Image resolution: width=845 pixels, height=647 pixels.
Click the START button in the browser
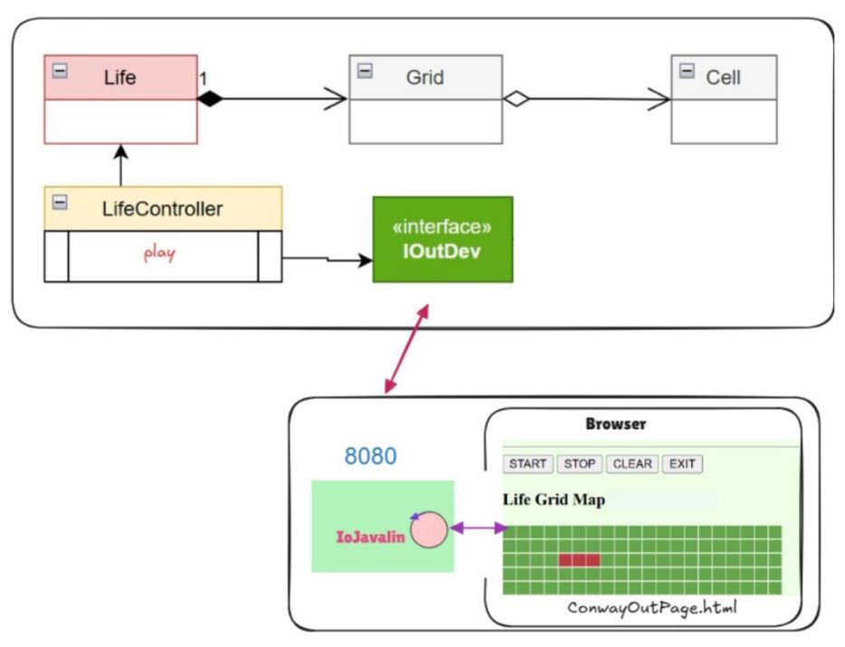pyautogui.click(x=527, y=464)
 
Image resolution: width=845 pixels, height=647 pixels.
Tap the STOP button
pyautogui.click(x=580, y=464)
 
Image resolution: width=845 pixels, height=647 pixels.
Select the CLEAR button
pyautogui.click(x=631, y=464)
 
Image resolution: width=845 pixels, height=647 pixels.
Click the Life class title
pyautogui.click(x=120, y=78)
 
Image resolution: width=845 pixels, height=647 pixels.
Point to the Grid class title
pyautogui.click(x=424, y=78)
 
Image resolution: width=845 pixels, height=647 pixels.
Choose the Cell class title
pyautogui.click(x=723, y=78)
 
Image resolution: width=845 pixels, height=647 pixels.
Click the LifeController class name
pyautogui.click(x=163, y=209)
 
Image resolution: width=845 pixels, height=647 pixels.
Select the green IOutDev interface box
pyautogui.click(x=442, y=239)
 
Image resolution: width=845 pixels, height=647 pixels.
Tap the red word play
pyautogui.click(x=159, y=254)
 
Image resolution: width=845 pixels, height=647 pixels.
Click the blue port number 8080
pyautogui.click(x=370, y=456)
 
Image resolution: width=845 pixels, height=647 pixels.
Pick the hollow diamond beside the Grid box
pyautogui.click(x=515, y=100)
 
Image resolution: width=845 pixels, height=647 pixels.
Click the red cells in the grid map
pyautogui.click(x=579, y=560)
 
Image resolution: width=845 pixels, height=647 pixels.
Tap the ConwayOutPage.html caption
pyautogui.click(x=651, y=608)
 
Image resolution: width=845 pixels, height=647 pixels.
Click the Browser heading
pyautogui.click(x=615, y=423)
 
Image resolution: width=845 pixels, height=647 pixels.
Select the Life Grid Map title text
pyautogui.click(x=554, y=500)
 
